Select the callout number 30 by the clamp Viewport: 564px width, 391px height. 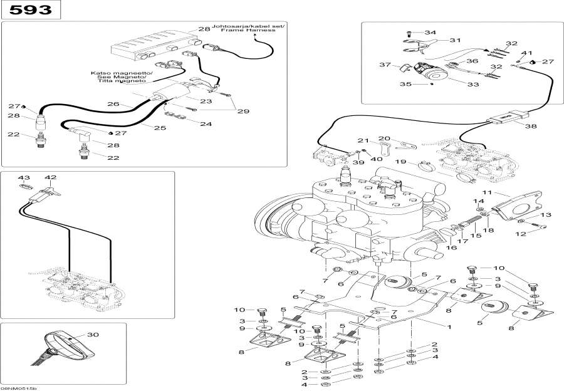click(93, 335)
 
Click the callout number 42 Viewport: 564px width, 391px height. click(50, 178)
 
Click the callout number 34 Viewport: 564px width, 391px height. click(430, 32)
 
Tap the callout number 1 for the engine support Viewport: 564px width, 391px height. click(448, 326)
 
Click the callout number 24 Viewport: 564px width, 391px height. click(206, 123)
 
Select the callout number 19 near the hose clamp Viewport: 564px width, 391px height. click(401, 162)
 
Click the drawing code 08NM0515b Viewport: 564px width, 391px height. click(19, 388)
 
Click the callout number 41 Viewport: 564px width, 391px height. click(527, 53)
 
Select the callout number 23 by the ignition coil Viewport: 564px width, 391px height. click(207, 100)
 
